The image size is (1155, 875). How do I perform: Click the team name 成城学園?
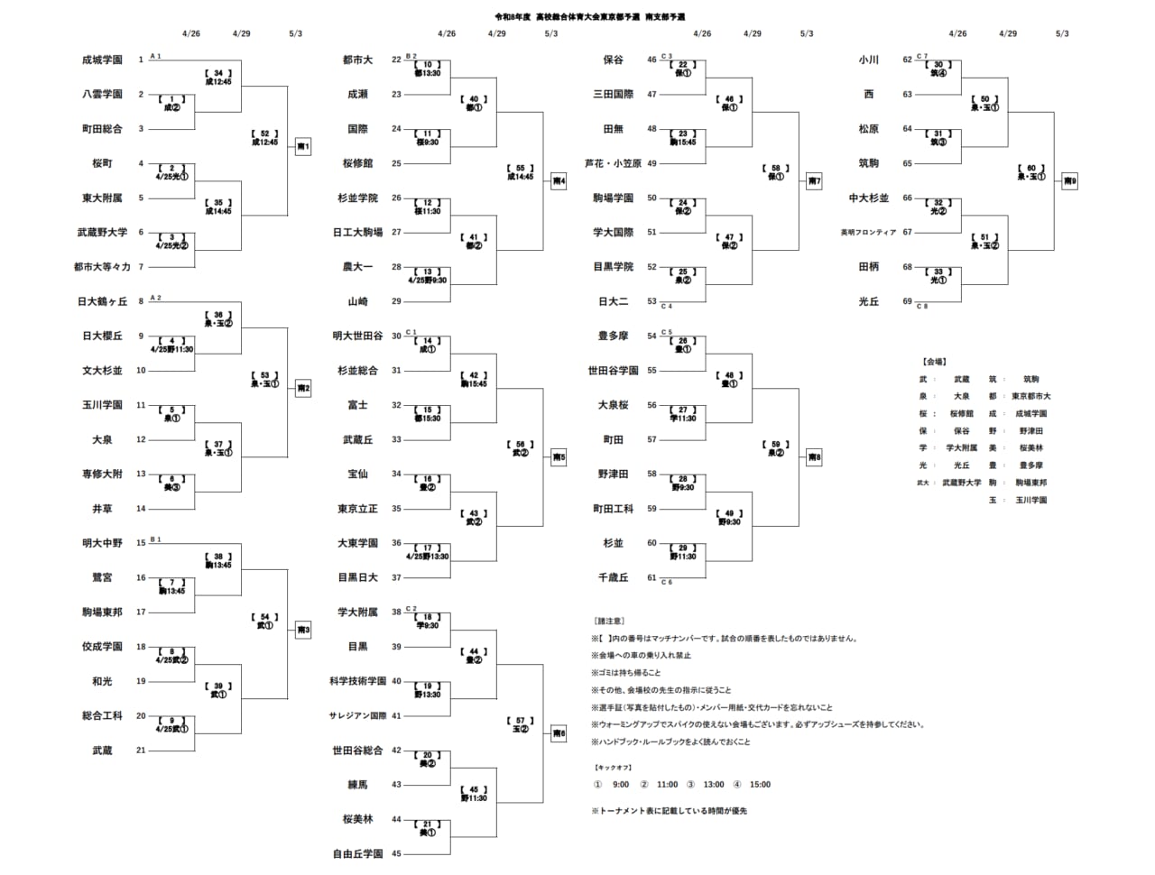tap(102, 60)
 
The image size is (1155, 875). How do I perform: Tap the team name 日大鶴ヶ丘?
tap(102, 301)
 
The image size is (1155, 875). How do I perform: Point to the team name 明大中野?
tap(102, 543)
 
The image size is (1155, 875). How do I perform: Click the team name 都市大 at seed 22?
tap(357, 60)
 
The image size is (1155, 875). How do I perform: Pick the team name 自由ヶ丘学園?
tap(357, 853)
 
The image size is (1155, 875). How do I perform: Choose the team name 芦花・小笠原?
tap(613, 163)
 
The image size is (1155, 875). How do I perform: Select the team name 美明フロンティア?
tap(868, 233)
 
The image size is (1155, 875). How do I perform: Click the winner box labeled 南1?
tap(303, 146)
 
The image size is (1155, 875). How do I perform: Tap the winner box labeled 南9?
tap(1070, 181)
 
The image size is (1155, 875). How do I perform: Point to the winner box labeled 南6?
tap(559, 734)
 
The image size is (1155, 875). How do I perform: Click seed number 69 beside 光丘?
tap(908, 301)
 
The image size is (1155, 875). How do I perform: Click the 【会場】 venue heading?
tap(934, 362)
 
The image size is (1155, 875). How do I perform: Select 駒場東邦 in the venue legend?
tap(1031, 483)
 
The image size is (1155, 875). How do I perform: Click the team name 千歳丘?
tap(613, 577)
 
